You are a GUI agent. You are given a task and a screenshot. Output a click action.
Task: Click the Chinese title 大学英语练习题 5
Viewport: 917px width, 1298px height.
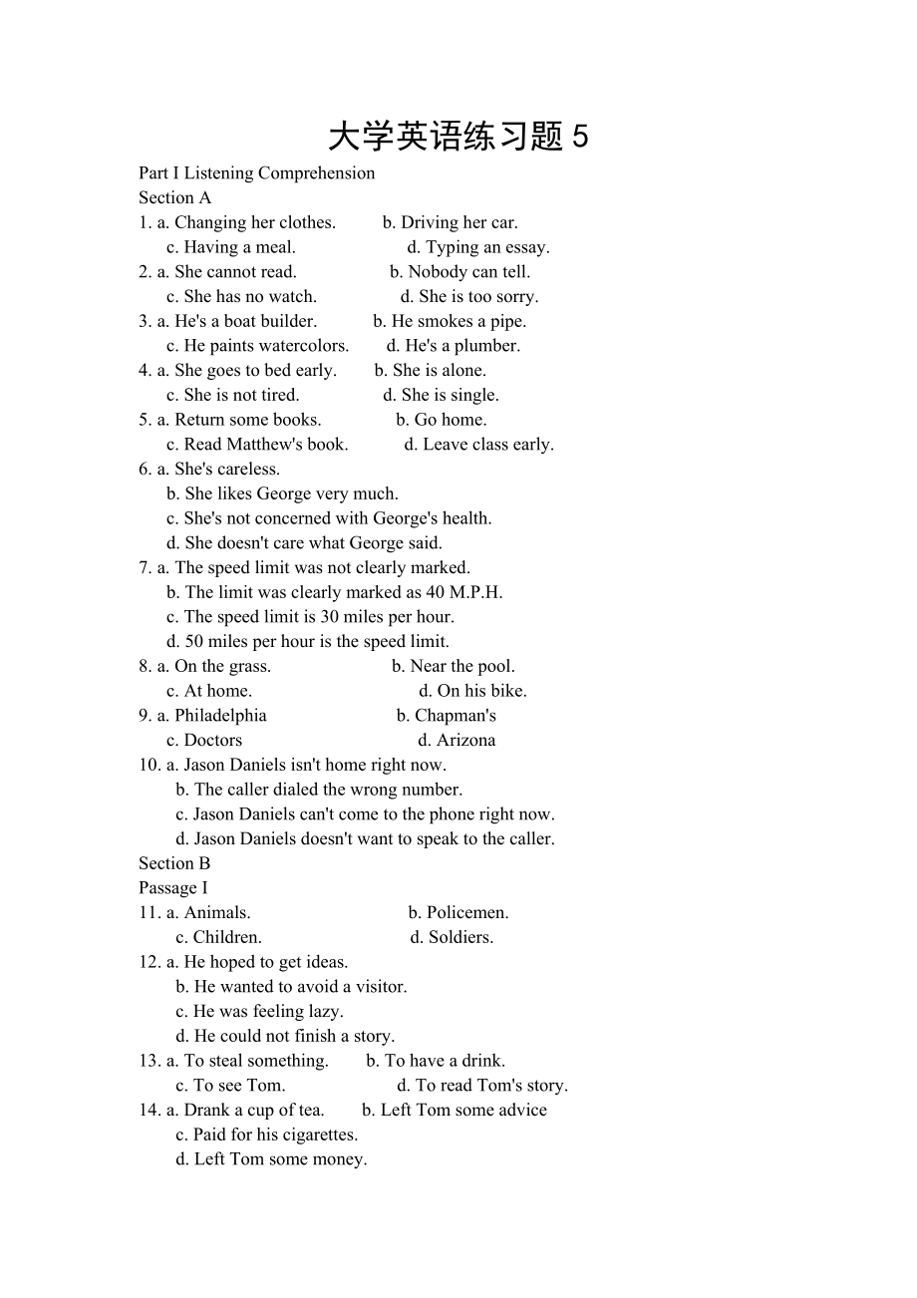point(458,137)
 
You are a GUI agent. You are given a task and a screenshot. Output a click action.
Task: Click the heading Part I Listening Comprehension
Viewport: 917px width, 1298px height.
point(257,173)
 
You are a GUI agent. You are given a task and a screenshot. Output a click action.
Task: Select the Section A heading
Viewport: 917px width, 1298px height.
point(175,197)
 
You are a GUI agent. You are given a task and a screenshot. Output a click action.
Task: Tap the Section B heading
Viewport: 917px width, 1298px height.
point(175,863)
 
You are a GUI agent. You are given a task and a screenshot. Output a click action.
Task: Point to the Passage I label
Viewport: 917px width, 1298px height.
point(173,888)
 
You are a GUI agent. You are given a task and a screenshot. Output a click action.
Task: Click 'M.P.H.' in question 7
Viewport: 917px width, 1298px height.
point(475,592)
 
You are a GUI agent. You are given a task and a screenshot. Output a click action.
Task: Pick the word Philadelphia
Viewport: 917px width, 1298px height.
point(220,716)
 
